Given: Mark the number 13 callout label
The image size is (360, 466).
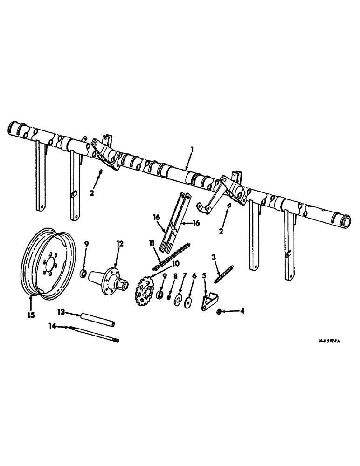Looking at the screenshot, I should [x=61, y=311].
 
